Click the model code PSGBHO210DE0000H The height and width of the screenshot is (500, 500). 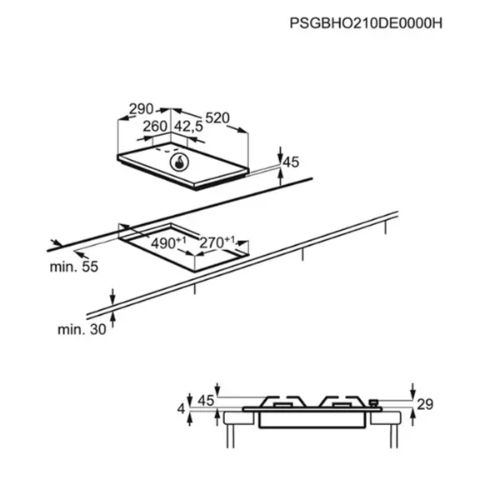366,23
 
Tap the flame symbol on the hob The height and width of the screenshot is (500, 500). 180,162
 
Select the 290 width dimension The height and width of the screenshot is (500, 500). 141,109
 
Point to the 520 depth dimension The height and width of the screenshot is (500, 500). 217,118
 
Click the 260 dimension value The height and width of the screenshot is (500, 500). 155,127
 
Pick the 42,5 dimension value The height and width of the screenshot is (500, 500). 188,127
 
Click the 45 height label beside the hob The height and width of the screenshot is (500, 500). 291,162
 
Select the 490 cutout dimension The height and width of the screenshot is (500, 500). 168,243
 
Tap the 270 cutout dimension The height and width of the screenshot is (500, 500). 217,242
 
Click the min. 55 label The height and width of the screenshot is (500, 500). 74,267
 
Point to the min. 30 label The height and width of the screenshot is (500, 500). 82,329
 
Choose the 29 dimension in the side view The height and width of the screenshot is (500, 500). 425,404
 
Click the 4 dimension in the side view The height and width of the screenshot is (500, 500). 181,408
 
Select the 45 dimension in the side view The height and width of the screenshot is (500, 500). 206,401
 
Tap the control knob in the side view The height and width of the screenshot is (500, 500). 373,403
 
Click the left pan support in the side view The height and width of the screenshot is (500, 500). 282,402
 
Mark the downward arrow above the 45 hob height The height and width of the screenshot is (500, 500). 280,155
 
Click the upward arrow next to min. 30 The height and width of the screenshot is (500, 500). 112,320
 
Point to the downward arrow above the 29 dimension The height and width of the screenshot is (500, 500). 413,391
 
